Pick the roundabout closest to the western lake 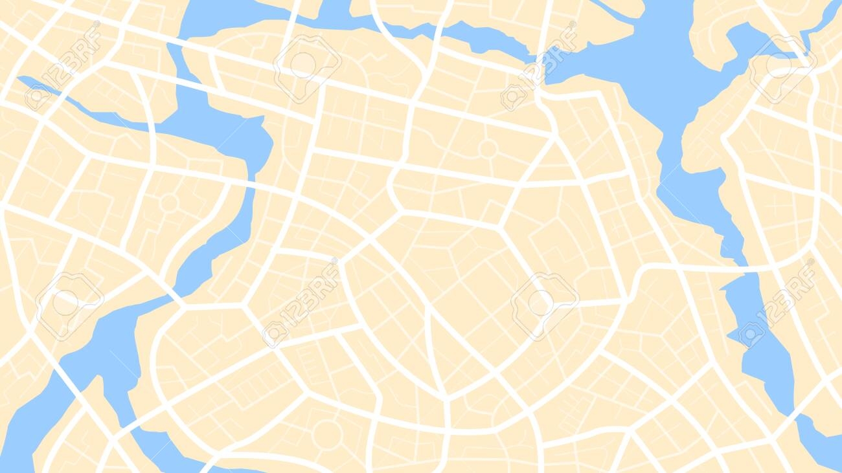click(169, 203)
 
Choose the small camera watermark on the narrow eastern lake click(751, 334)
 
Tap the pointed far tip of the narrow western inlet click(21, 80)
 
